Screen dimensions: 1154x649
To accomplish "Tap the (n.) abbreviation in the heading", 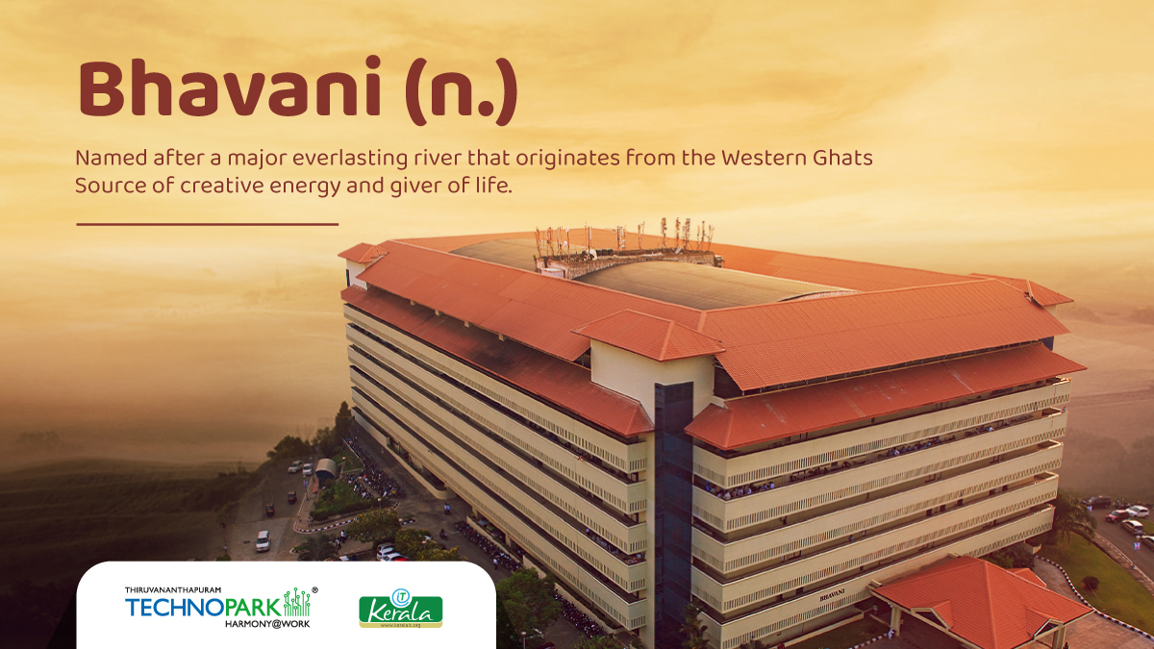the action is pyautogui.click(x=461, y=90).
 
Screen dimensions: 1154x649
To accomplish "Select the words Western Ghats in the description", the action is pyautogui.click(x=796, y=158).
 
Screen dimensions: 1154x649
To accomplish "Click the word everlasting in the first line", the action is pyautogui.click(x=350, y=159).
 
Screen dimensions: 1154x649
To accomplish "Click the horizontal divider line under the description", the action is pyautogui.click(x=207, y=225).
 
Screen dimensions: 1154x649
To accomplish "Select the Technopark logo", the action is pyautogui.click(x=220, y=608).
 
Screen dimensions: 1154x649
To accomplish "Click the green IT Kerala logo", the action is pyautogui.click(x=401, y=609).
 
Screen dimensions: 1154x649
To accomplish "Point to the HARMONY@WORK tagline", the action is pyautogui.click(x=267, y=624).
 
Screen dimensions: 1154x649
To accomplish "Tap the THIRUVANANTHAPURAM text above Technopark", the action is pyautogui.click(x=172, y=589).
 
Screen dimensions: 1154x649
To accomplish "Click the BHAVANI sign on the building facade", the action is pyautogui.click(x=832, y=594).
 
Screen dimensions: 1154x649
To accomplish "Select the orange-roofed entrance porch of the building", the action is pyautogui.click(x=982, y=600).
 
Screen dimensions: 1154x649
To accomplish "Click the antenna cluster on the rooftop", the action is pyautogui.click(x=625, y=242).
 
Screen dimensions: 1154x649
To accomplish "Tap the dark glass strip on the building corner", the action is pyautogui.click(x=673, y=510).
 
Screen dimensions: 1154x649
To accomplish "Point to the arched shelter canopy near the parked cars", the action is pyautogui.click(x=325, y=469).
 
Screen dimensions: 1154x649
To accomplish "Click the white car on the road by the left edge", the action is pyautogui.click(x=263, y=540).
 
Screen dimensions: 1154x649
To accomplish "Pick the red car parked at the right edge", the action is pyautogui.click(x=1116, y=515).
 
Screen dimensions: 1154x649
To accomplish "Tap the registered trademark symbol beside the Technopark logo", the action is pyautogui.click(x=314, y=589).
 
